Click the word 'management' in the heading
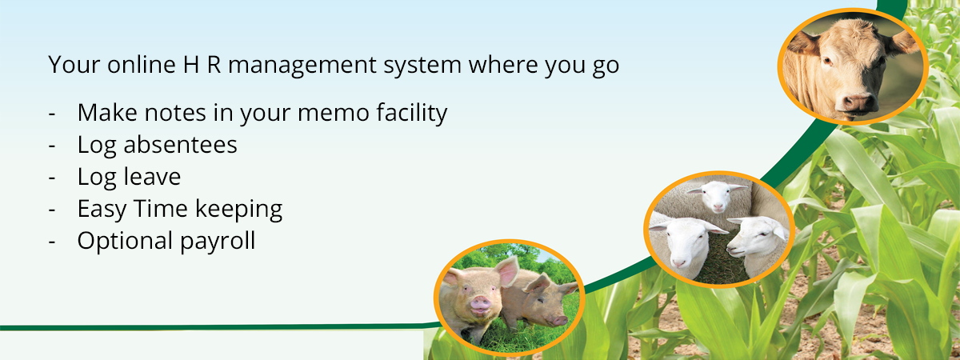[x=302, y=66]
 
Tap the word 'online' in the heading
[x=142, y=64]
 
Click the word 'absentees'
[x=180, y=145]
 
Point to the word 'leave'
[x=152, y=177]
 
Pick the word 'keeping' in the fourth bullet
[x=238, y=210]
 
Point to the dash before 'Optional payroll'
[x=52, y=242]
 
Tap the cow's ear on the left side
[x=803, y=44]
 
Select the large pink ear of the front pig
[x=507, y=271]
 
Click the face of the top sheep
[x=717, y=196]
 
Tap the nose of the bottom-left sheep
[x=678, y=262]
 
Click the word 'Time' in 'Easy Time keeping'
[x=161, y=209]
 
